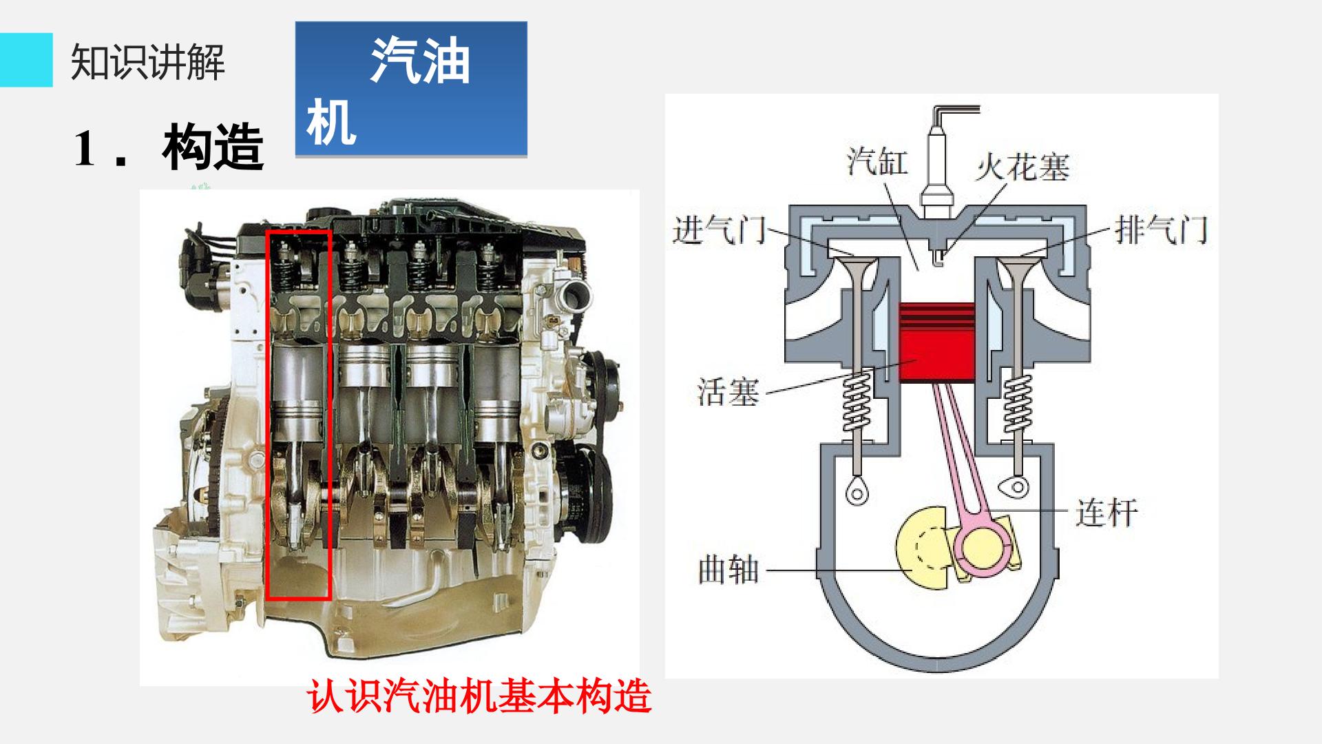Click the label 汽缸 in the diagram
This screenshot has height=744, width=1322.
tap(877, 161)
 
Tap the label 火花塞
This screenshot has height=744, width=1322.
tap(1022, 167)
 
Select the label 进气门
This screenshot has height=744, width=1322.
tap(719, 229)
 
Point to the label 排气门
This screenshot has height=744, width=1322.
tap(1161, 229)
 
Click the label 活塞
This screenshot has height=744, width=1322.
tap(728, 393)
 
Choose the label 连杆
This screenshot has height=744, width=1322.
tap(1106, 513)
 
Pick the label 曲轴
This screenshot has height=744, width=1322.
tap(728, 570)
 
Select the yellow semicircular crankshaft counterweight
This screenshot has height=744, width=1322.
tap(919, 548)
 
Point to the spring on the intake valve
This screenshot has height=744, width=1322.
tap(857, 406)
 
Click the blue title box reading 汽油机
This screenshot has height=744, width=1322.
tap(411, 89)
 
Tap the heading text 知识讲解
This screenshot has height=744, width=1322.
tap(148, 62)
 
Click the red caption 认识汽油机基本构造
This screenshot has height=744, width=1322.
tap(479, 696)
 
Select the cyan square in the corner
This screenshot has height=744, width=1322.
tap(26, 60)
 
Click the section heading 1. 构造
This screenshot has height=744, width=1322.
tap(169, 147)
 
